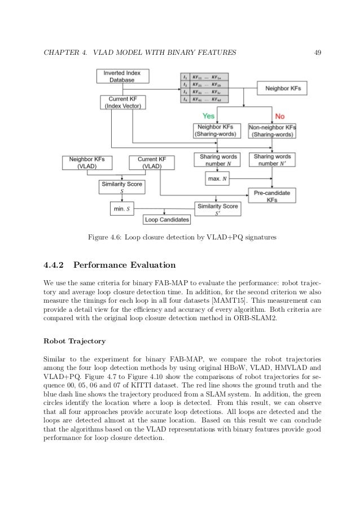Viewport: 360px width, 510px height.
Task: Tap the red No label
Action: click(279, 116)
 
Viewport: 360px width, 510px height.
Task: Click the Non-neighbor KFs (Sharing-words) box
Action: click(273, 131)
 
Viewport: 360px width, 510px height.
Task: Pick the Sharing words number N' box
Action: click(272, 160)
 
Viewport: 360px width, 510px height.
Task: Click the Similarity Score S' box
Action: click(217, 209)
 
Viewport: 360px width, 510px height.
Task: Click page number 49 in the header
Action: click(317, 53)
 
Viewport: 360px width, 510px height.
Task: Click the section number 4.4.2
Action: click(54, 264)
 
